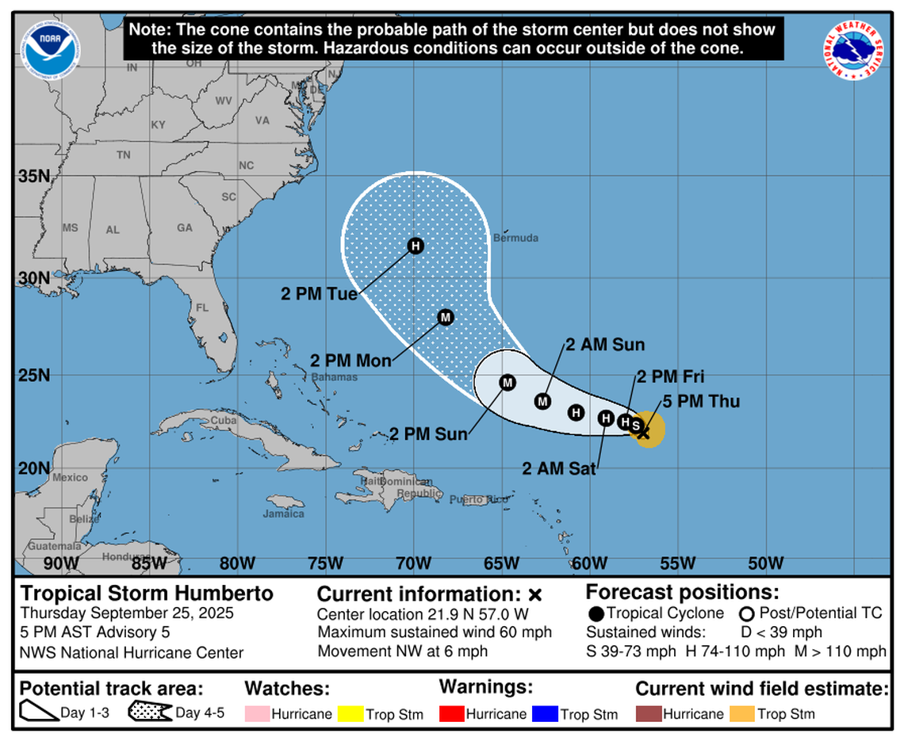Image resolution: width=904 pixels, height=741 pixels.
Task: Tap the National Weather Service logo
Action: [x=853, y=49]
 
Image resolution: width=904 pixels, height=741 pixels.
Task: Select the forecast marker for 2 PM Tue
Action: [x=416, y=246]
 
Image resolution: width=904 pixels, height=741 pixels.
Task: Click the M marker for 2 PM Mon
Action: [x=446, y=317]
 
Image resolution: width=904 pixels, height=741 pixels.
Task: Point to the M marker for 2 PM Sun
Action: [x=508, y=383]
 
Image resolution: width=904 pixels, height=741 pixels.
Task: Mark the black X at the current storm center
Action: [x=644, y=433]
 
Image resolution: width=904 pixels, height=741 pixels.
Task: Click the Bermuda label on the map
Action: [x=515, y=238]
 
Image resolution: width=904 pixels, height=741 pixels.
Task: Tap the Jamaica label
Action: [x=283, y=514]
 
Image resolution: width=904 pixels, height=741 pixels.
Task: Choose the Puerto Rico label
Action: [x=478, y=499]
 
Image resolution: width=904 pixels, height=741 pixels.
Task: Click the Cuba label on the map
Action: [x=219, y=420]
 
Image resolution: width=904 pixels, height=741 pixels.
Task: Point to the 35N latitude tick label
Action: [x=34, y=175]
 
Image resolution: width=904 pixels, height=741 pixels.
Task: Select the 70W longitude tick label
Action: [x=413, y=563]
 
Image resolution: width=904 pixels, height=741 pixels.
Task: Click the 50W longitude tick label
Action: [x=765, y=563]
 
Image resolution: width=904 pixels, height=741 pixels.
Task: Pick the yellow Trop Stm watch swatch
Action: [x=350, y=713]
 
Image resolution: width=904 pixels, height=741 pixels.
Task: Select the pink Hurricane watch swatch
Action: [x=256, y=713]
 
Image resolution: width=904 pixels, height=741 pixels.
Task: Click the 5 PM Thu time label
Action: [x=701, y=402]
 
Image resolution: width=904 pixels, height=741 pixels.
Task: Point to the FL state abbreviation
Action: [x=202, y=307]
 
